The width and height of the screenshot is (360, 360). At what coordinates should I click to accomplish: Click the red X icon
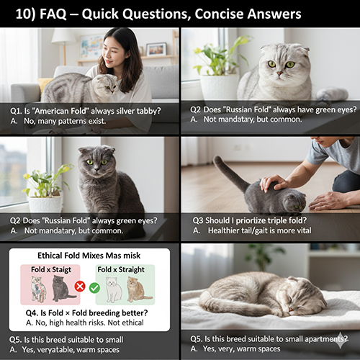80,286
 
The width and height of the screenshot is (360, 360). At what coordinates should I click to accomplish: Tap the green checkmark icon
95,286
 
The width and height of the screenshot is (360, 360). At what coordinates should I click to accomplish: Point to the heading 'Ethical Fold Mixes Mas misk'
89,256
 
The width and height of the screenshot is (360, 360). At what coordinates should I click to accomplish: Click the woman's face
121,52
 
